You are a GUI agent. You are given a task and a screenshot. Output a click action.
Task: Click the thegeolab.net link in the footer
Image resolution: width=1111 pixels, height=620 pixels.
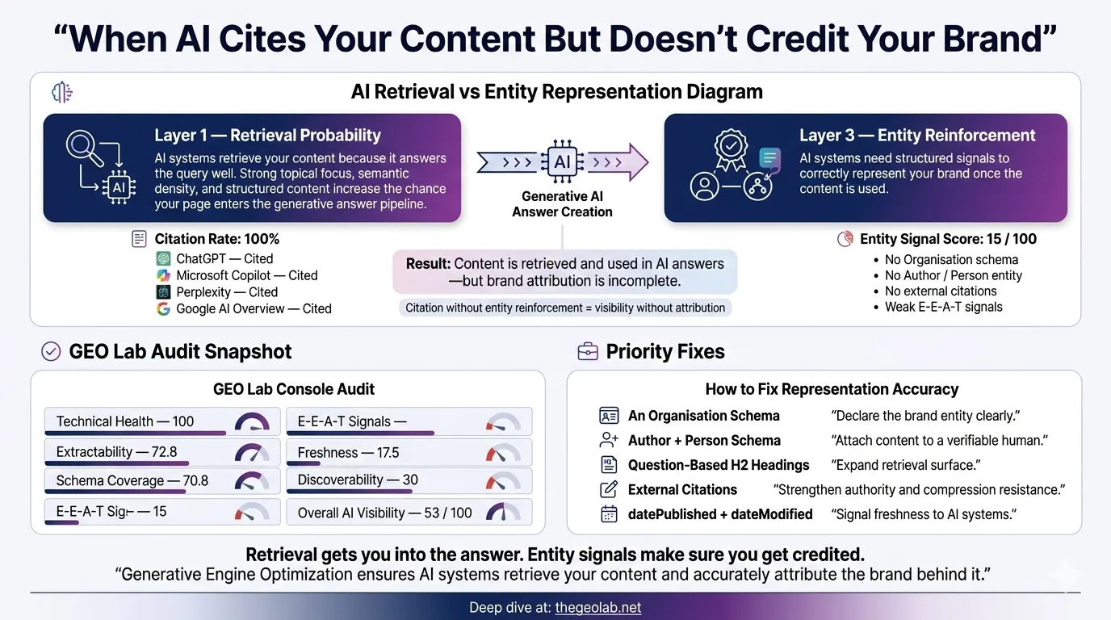[597, 608]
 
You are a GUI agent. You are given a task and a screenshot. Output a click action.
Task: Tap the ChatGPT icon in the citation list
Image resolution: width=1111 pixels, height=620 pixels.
[164, 259]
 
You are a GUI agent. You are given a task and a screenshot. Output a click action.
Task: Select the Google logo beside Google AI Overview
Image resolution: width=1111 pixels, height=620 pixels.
[164, 308]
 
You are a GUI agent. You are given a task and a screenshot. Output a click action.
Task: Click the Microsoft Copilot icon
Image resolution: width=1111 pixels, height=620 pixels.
[164, 275]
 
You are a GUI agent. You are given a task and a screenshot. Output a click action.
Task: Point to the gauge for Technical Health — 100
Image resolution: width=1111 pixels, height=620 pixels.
[252, 422]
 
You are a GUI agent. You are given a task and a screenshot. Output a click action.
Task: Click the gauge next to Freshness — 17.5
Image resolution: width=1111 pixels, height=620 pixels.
[503, 452]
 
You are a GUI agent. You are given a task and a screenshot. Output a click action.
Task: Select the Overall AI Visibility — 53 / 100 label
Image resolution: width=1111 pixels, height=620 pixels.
[384, 513]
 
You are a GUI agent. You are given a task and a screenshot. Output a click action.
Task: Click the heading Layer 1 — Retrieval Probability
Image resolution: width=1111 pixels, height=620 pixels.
[267, 136]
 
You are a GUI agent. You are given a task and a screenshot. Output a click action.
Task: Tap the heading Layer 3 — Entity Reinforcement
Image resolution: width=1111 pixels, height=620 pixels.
[917, 136]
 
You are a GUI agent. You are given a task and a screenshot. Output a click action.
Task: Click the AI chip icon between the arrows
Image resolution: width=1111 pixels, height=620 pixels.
[562, 162]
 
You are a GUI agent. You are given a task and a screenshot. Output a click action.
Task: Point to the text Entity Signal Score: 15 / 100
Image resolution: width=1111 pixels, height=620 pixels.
[948, 239]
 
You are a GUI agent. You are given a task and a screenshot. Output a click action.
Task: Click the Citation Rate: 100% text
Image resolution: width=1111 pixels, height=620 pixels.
[216, 239]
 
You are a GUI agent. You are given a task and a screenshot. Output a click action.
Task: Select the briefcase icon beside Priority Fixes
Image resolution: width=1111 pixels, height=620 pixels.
[587, 352]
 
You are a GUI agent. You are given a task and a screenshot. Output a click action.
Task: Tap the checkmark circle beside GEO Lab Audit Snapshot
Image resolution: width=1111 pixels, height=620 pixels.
[51, 352]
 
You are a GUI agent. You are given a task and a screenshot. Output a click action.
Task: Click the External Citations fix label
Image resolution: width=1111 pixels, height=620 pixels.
[682, 489]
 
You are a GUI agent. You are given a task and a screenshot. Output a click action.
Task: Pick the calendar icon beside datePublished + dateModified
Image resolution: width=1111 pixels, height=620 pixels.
[609, 514]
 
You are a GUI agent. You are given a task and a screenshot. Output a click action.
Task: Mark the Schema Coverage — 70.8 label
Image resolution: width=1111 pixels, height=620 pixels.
[132, 481]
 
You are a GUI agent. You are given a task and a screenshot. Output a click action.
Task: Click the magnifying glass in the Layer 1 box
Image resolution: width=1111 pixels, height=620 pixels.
[82, 147]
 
